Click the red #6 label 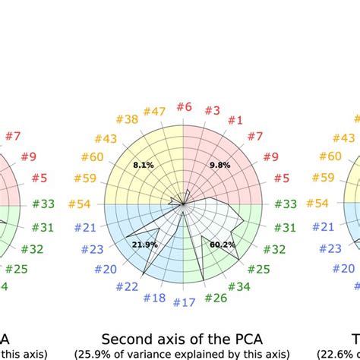point(184,108)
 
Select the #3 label point(212,111)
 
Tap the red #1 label point(235,120)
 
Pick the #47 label point(156,111)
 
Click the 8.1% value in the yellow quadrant point(144,164)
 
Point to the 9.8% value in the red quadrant point(220,165)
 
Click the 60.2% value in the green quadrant point(222,245)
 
